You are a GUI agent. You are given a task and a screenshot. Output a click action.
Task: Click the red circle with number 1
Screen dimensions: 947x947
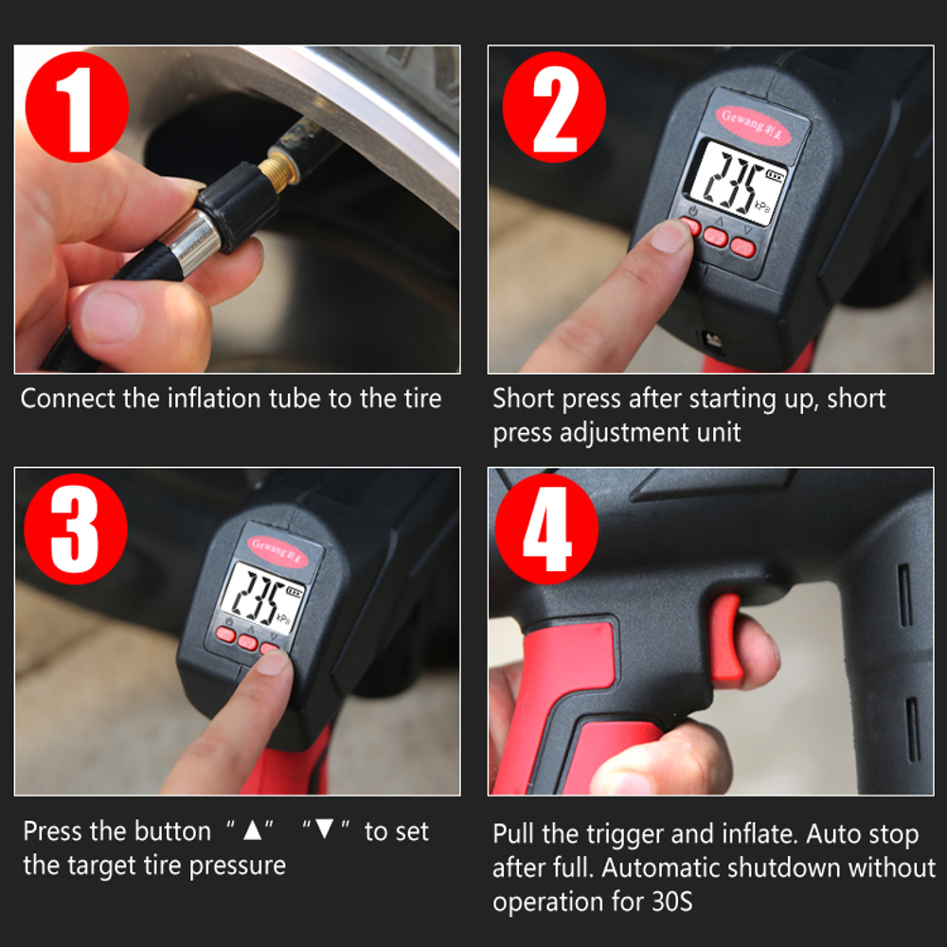tap(76, 107)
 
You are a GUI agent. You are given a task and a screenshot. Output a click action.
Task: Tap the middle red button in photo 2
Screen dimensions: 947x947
tap(717, 237)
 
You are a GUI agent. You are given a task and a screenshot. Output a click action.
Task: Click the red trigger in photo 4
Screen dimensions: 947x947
tap(726, 639)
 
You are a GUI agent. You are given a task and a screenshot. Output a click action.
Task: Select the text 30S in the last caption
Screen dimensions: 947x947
tap(671, 901)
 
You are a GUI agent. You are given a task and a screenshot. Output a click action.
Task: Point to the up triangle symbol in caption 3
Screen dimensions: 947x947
tap(252, 831)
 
